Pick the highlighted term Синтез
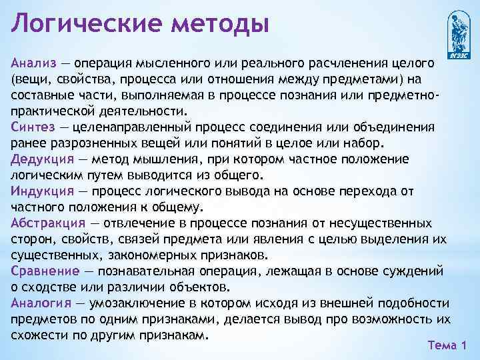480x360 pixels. (31, 127)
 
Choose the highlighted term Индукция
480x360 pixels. (41, 191)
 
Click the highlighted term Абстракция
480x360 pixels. (48, 223)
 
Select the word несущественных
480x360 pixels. (380, 223)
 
